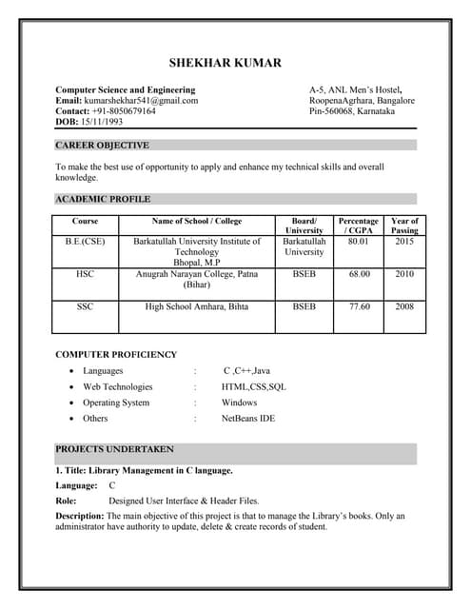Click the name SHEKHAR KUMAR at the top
[x=225, y=63]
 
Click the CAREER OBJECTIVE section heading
[x=102, y=146]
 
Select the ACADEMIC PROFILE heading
[x=103, y=199]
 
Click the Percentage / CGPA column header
[x=358, y=226]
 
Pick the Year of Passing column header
[x=404, y=226]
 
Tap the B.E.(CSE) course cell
[x=85, y=242]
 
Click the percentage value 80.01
[x=358, y=242]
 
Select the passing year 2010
[x=404, y=273]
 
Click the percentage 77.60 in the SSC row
[x=358, y=306]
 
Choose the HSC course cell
[x=85, y=273]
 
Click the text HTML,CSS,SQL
[x=253, y=387]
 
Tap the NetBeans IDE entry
[x=248, y=418]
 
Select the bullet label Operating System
[x=116, y=403]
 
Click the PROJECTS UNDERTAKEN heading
[x=114, y=448]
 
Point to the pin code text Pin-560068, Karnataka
[x=352, y=111]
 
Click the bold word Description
[x=80, y=516]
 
